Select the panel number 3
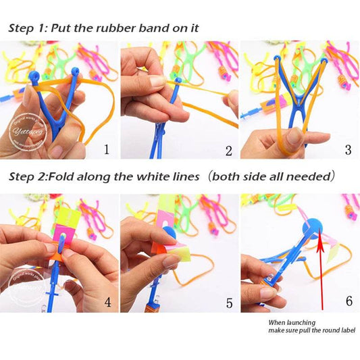(x=348, y=149)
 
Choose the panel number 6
(x=349, y=301)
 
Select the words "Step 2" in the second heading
(x=27, y=177)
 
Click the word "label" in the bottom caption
(x=344, y=330)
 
